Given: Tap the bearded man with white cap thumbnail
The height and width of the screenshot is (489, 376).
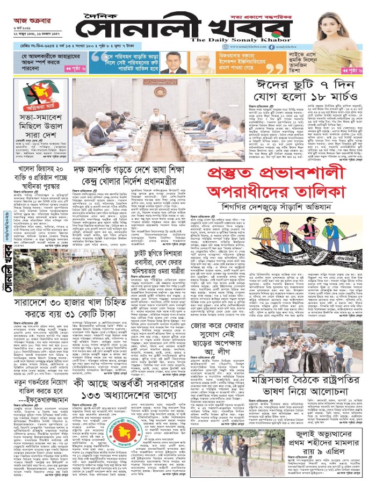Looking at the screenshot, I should coord(203,64).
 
